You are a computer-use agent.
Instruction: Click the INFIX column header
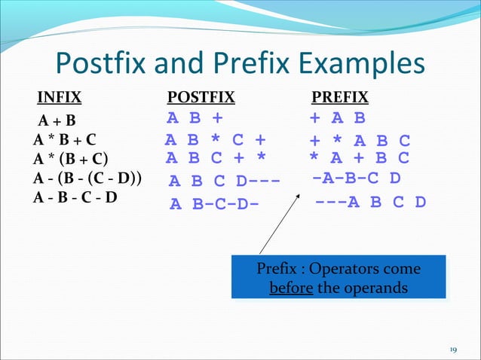click(x=60, y=97)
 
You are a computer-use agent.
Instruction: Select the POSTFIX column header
click(x=201, y=97)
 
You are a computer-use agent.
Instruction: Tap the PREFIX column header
click(x=340, y=97)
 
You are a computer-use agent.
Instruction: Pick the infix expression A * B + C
click(x=64, y=139)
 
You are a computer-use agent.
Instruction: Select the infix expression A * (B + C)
click(x=71, y=158)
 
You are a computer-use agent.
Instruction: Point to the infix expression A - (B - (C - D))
click(x=89, y=178)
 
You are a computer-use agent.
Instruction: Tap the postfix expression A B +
click(x=195, y=118)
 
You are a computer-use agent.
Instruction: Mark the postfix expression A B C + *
click(x=216, y=158)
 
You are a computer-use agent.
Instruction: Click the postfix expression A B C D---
click(x=224, y=181)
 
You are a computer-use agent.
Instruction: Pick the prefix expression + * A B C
click(x=360, y=140)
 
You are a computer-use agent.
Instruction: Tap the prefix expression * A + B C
click(x=360, y=158)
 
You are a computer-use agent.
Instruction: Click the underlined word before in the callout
click(x=291, y=288)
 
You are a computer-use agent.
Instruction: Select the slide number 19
click(x=453, y=349)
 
